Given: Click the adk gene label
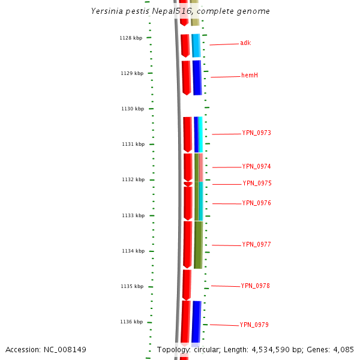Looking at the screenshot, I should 245,43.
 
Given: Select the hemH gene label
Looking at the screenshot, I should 250,76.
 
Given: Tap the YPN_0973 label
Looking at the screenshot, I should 257,133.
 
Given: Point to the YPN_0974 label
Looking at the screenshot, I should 257,167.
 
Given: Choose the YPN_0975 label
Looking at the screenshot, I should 257,184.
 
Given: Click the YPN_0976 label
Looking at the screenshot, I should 257,203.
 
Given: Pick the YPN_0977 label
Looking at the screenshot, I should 257,245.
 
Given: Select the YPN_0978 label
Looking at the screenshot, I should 256,286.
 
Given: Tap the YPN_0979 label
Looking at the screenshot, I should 254,325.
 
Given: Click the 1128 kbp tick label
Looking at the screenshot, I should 131,38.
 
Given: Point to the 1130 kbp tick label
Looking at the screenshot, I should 133,109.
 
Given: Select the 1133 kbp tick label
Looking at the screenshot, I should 133,215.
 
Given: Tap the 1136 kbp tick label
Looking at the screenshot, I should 131,322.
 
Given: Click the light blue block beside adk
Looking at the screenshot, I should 196,46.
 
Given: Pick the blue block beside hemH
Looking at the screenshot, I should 197,77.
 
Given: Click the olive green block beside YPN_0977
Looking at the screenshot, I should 198,245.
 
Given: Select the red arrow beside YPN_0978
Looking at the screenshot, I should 187,284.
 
